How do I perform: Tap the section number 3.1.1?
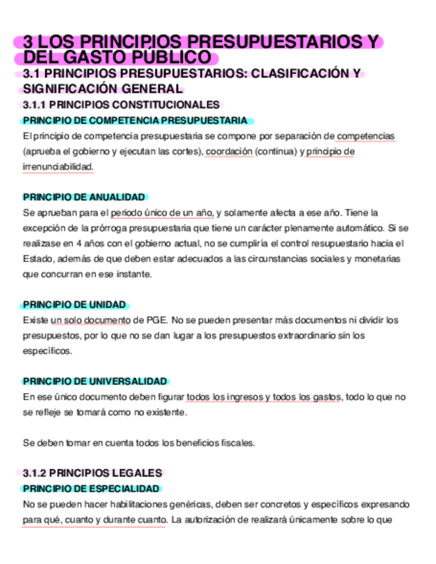[x=35, y=105]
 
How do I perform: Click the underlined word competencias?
[x=366, y=136]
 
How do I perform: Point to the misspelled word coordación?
[x=229, y=151]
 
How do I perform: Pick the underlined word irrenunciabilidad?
[x=58, y=166]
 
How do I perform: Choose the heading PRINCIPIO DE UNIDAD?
[x=74, y=305]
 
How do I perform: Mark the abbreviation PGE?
[x=156, y=320]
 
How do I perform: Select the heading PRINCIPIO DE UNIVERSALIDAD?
[x=95, y=381]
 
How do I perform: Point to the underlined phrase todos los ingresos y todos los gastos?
[x=264, y=396]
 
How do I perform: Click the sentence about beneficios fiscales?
[x=139, y=442]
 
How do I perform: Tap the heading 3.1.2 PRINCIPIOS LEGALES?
[x=92, y=473]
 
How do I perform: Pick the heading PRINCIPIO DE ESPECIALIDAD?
[x=91, y=488]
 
